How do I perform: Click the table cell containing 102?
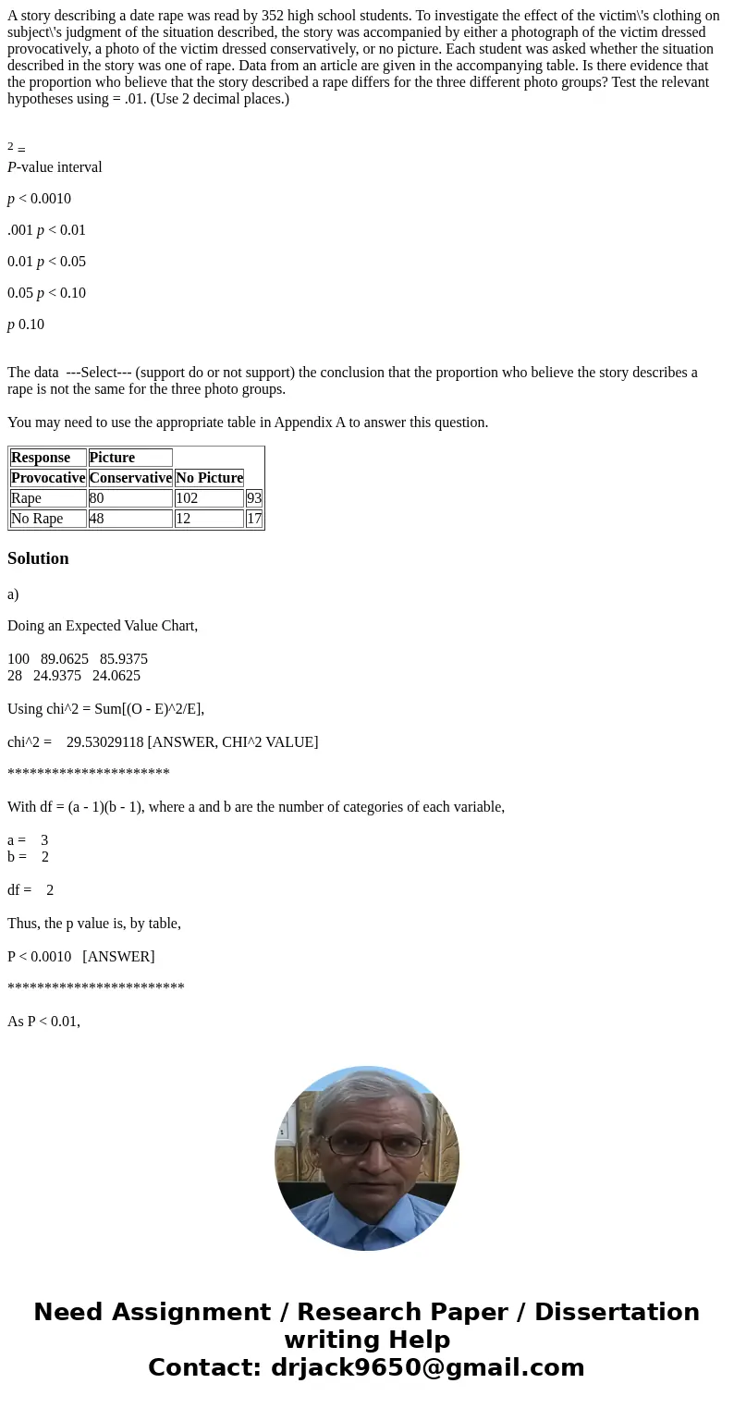tap(208, 498)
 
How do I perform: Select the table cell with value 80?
tap(129, 498)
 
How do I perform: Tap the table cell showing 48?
tap(129, 519)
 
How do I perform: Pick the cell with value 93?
tap(254, 498)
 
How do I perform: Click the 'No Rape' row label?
tap(47, 519)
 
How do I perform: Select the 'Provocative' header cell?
tap(48, 478)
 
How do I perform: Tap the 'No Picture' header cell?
tap(209, 478)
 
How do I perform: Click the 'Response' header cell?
tap(47, 458)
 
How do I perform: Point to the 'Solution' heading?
tap(38, 558)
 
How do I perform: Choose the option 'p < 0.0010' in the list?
tap(39, 199)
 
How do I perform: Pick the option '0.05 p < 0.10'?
tap(46, 293)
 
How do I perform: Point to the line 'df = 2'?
tap(31, 890)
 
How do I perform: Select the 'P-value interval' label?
tap(55, 167)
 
